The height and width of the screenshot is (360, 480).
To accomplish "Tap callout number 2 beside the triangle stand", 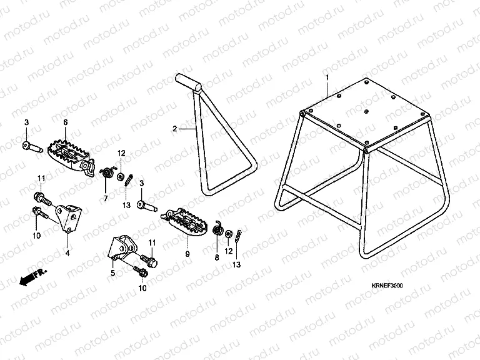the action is pos(175,129).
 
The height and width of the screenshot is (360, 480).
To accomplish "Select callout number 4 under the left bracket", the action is pos(67,253).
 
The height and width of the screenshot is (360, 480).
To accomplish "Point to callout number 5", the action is pos(112,272).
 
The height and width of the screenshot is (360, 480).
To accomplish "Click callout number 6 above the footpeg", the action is pos(66,122).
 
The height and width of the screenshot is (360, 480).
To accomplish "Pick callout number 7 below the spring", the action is pos(105,199).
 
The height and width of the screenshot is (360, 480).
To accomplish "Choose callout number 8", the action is pos(217,256).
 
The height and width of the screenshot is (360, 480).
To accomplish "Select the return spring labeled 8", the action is pos(218,231).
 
